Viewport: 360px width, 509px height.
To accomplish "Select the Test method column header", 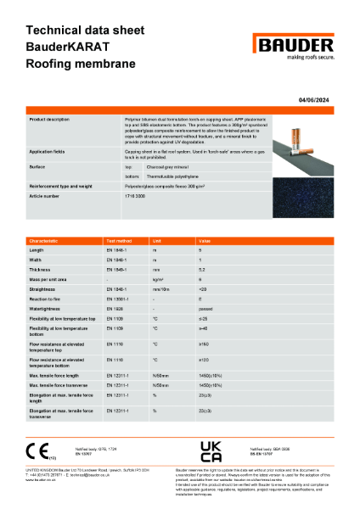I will (x=119, y=242).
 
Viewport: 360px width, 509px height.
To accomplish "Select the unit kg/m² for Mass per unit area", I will (x=157, y=278).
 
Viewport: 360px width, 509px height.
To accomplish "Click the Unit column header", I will (x=155, y=242).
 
